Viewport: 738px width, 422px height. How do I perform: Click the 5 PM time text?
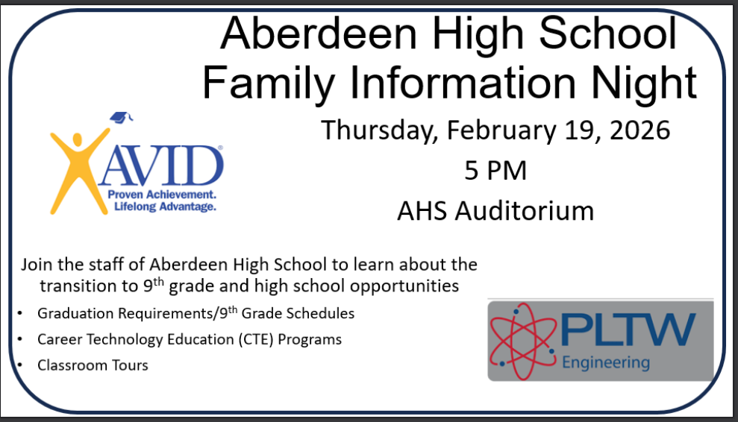click(495, 171)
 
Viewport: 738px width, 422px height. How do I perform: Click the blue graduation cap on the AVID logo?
click(121, 117)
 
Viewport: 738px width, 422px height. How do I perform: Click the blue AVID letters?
click(162, 168)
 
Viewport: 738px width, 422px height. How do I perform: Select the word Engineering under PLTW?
click(605, 364)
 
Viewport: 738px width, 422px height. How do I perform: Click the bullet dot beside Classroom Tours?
click(19, 365)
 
